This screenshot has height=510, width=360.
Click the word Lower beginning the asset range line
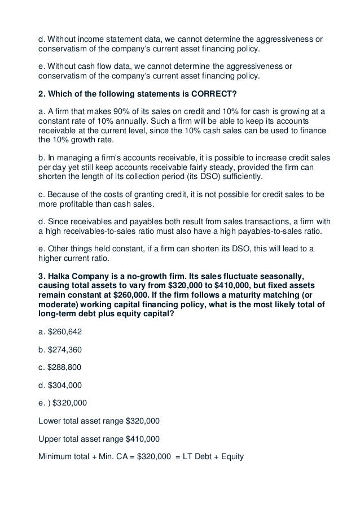tap(50, 420)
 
